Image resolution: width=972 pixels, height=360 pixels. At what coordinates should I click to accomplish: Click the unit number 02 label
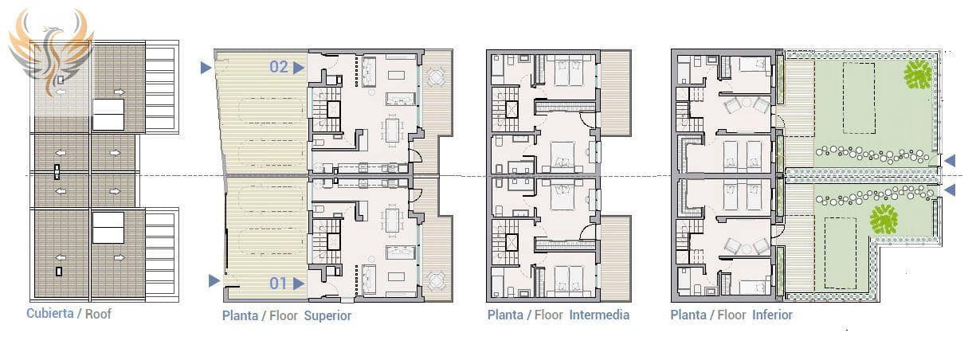[279, 67]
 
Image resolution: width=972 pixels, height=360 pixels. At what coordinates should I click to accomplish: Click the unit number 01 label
[278, 284]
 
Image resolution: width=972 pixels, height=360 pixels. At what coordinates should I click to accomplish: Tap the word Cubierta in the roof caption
[50, 313]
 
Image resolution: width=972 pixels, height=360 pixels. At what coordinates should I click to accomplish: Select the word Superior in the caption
[327, 315]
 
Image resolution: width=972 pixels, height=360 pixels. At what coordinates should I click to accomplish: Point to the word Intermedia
[599, 315]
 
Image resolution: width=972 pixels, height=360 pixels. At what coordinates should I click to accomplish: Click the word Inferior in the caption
[772, 315]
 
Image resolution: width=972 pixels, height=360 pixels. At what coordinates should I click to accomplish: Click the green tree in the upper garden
[918, 74]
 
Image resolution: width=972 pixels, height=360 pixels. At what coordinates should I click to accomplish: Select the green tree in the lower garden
[884, 220]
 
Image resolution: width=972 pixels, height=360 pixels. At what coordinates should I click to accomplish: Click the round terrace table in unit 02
[435, 77]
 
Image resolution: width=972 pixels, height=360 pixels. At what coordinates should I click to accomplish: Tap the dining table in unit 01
[393, 221]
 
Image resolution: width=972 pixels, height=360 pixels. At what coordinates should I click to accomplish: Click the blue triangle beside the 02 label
[299, 68]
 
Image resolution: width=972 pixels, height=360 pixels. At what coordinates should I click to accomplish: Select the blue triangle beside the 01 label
[299, 284]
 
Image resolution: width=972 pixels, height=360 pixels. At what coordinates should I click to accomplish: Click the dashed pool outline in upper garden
[859, 98]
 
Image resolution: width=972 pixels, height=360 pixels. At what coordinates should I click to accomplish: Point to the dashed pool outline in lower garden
[841, 253]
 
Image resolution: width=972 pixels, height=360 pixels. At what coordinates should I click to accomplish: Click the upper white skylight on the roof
[108, 115]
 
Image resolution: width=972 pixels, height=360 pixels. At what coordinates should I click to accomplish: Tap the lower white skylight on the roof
[108, 227]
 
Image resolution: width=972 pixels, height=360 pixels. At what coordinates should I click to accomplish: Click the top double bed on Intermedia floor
[569, 72]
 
